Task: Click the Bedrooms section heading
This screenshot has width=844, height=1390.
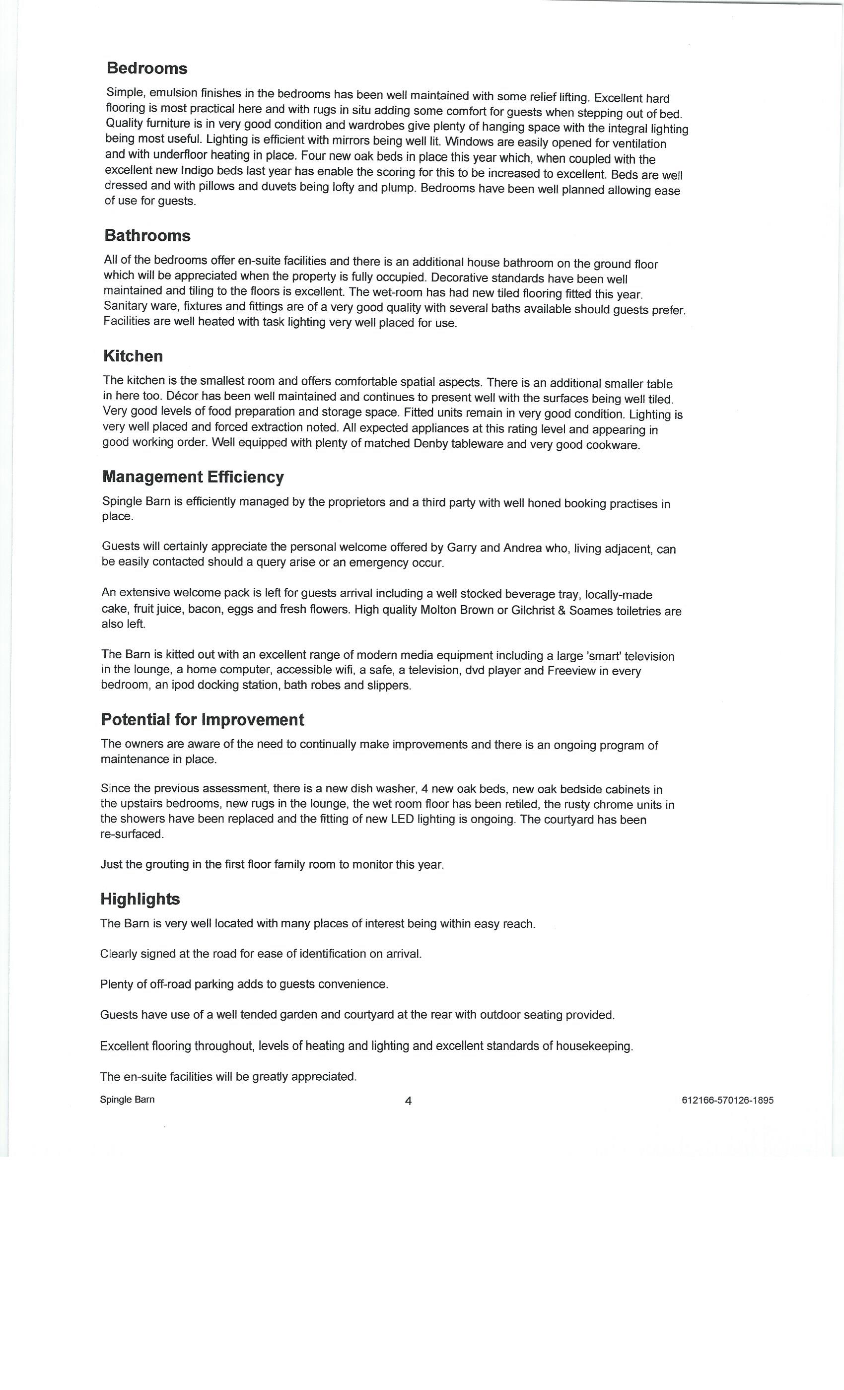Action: (x=146, y=69)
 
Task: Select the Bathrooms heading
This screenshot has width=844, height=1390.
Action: (x=147, y=235)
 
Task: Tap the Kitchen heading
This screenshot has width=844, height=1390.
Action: (x=133, y=356)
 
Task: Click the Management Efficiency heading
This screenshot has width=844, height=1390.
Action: (x=193, y=477)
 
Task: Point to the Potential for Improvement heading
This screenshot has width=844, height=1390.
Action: (x=202, y=719)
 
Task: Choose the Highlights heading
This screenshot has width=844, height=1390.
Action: (x=140, y=899)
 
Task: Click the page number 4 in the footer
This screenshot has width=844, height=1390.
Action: (x=408, y=1101)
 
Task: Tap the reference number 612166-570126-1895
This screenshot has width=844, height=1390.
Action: (x=727, y=1100)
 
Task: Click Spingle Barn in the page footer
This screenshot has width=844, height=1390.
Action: (x=127, y=1100)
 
